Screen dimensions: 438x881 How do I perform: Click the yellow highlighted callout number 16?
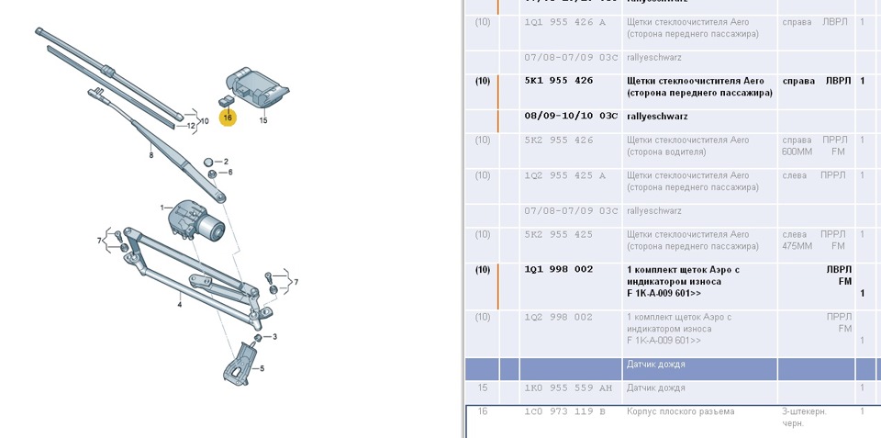(227, 118)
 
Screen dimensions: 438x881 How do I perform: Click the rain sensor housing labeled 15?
(259, 86)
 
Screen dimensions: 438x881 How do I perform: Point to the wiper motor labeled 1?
(195, 220)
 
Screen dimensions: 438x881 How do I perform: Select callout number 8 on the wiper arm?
(151, 156)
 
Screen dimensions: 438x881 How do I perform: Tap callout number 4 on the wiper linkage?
(180, 303)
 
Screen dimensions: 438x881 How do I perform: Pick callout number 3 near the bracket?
(274, 337)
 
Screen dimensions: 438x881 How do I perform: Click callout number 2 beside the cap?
(226, 162)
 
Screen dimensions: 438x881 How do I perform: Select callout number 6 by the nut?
(229, 172)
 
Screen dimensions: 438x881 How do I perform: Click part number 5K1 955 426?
(558, 81)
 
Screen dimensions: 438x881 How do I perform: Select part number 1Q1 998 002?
(558, 270)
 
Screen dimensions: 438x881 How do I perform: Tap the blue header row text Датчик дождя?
(655, 365)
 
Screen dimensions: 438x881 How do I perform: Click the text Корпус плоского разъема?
(680, 412)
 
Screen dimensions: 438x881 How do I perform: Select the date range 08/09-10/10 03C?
(571, 117)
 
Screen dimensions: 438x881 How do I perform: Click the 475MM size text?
(797, 246)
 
